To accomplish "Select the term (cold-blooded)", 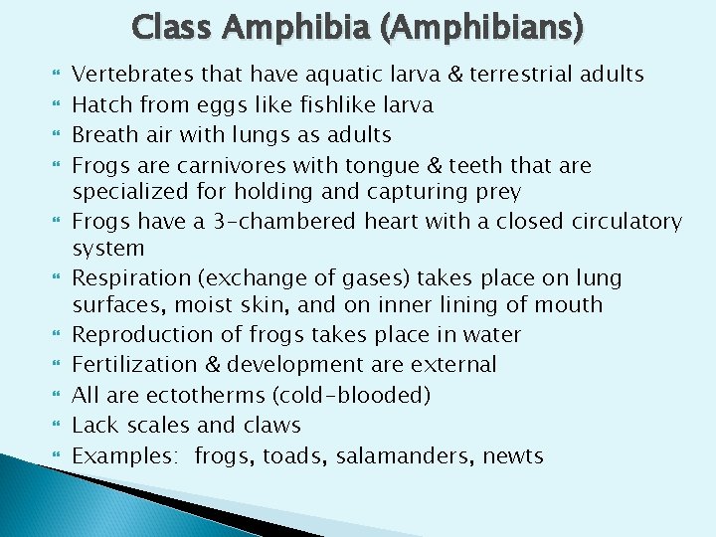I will pyautogui.click(x=355, y=395).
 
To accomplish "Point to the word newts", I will pyautogui.click(x=513, y=456).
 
